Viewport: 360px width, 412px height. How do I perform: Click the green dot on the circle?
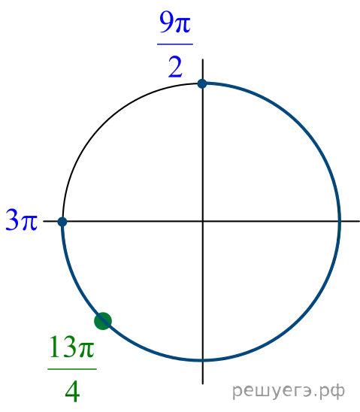pos(103,321)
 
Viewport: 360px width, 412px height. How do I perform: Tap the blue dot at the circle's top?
pos(202,83)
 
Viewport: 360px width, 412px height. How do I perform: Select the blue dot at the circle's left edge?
pos(62,222)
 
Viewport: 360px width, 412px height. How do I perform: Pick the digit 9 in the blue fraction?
pos(167,23)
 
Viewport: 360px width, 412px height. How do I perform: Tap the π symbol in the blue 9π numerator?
pos(183,26)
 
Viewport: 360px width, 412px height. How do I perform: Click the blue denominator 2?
pos(175,67)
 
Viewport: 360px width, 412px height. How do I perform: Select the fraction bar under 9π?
pos(175,44)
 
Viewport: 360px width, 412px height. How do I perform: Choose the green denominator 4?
pos(72,392)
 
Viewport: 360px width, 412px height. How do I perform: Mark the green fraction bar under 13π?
pos(72,369)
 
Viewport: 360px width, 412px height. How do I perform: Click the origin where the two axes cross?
pos(202,222)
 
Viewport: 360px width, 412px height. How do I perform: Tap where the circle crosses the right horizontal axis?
pos(340,222)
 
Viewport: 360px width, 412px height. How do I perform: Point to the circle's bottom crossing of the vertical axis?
pos(202,360)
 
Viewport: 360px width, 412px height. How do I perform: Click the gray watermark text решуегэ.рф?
pos(289,391)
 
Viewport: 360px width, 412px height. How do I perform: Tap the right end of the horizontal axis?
pos(359,222)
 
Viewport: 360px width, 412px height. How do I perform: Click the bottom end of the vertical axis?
pos(202,384)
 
